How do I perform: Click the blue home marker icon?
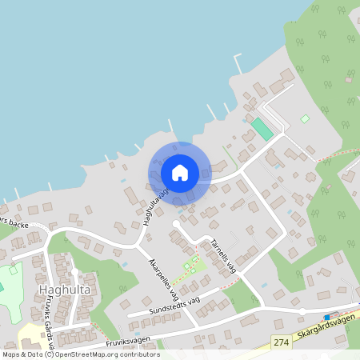coord(180,173)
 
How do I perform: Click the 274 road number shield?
coord(279,342)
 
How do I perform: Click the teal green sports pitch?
coord(261,129)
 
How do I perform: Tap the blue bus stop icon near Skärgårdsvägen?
coord(326,317)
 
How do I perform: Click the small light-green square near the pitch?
coord(305,119)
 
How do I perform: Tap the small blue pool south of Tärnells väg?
coord(264,284)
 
